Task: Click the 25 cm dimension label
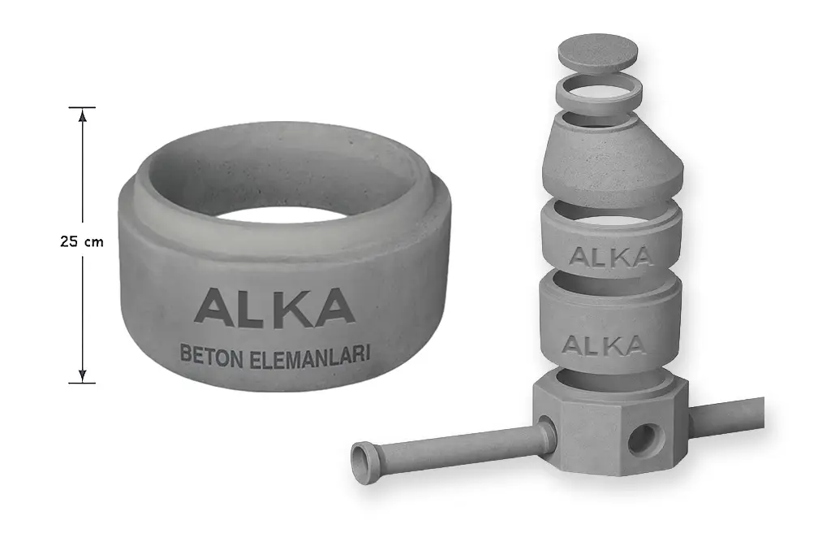click(x=82, y=241)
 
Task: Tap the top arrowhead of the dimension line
click(x=82, y=114)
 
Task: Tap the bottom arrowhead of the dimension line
click(x=82, y=375)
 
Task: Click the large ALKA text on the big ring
click(x=274, y=306)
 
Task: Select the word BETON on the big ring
click(x=212, y=354)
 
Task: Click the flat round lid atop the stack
click(x=598, y=52)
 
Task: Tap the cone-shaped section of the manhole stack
click(x=613, y=160)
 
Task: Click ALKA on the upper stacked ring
click(x=610, y=256)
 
